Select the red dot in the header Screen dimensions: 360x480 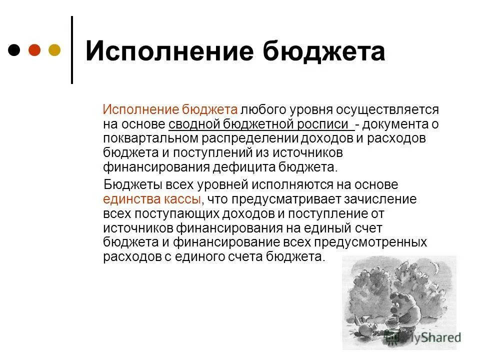34,50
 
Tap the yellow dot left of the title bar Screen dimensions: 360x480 54,50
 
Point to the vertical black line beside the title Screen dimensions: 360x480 72,50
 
